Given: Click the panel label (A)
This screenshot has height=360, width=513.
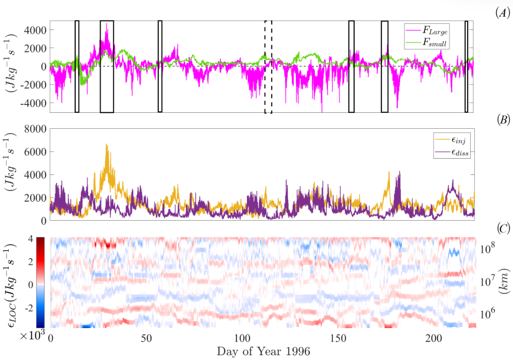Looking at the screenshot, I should (x=502, y=13).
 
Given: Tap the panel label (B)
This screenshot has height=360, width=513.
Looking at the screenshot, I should (x=502, y=119).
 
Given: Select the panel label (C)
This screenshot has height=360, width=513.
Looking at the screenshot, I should (x=503, y=228).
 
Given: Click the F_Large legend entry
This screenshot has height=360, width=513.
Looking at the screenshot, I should (x=434, y=32).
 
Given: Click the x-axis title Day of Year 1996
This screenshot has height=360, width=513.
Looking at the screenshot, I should (x=263, y=351).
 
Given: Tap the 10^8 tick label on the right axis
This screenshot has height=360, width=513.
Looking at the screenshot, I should (x=489, y=249).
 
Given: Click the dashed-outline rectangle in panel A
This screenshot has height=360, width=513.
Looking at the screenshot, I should (x=268, y=67).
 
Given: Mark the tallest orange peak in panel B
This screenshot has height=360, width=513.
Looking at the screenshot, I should (x=107, y=145).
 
